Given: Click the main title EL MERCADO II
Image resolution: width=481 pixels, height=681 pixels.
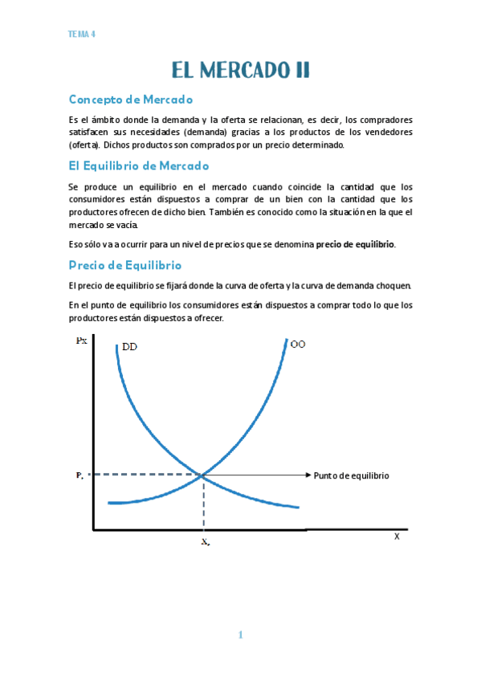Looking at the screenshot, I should tap(240, 71).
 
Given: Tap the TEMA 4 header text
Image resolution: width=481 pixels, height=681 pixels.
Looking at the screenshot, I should tap(83, 35).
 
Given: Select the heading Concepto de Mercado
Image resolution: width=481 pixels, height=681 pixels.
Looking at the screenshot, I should tap(131, 100).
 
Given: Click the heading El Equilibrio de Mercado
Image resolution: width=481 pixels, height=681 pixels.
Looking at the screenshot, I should tap(139, 165).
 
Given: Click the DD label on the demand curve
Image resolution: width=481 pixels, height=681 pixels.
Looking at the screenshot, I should tap(129, 347).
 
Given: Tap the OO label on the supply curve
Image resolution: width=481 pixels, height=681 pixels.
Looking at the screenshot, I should tap(298, 345).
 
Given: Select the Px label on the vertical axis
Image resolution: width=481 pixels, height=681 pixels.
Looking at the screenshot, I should tap(81, 340).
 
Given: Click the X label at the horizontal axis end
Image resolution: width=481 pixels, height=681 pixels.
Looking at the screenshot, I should tap(396, 536).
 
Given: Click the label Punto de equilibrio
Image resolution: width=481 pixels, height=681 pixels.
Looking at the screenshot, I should tap(351, 475).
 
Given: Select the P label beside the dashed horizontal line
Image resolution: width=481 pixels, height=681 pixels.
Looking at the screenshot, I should tap(80, 475).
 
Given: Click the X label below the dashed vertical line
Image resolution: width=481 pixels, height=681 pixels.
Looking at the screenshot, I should tap(205, 543).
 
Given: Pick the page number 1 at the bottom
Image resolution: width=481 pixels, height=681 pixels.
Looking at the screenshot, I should tap(240, 635).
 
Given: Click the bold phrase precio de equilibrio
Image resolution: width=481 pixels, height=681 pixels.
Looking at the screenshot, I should tap(355, 244).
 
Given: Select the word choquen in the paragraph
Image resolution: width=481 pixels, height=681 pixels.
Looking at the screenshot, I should tap(394, 285).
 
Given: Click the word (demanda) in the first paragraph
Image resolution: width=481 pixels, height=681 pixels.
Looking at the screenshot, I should tap(208, 133).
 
